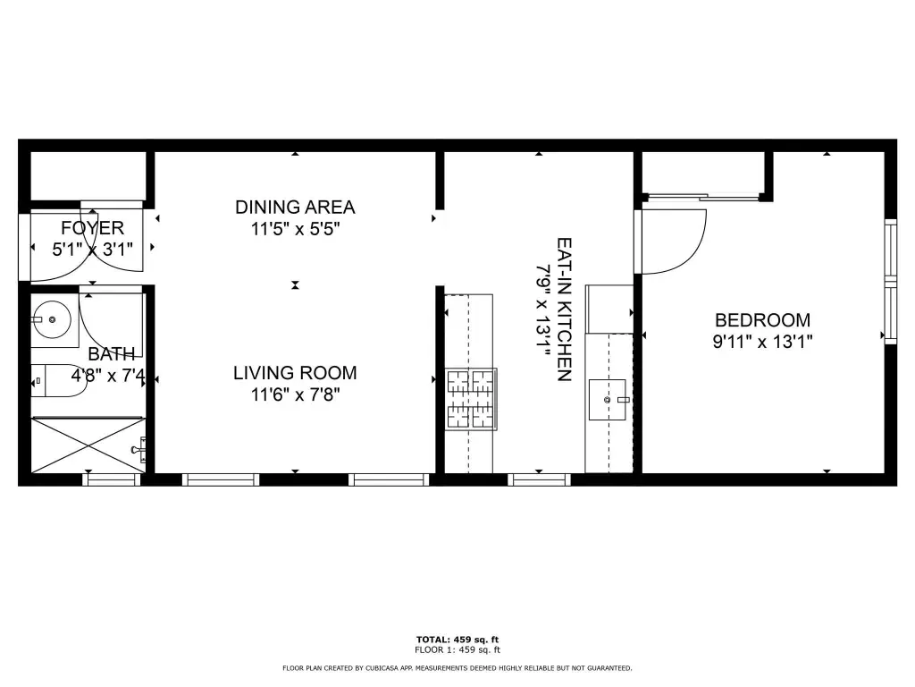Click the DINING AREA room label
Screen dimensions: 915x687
[x=295, y=208]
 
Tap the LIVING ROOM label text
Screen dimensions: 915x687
[x=295, y=373]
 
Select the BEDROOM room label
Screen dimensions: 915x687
[x=763, y=320]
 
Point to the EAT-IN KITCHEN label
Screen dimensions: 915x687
[x=565, y=309]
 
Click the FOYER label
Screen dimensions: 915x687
[x=92, y=228]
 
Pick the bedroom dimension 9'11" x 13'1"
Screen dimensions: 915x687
[x=763, y=342]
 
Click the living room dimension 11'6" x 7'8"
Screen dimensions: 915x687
[x=295, y=394]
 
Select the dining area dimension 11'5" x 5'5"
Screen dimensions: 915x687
[x=295, y=229]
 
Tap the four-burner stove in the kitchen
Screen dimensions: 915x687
[x=472, y=399]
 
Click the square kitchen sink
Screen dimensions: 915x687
[x=607, y=400]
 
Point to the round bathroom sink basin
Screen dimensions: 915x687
[x=51, y=319]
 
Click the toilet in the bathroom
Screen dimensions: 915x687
[x=53, y=381]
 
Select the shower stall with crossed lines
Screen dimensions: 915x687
[x=88, y=445]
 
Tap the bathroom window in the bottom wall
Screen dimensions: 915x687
[x=112, y=479]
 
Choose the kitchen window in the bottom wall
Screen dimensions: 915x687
[x=539, y=479]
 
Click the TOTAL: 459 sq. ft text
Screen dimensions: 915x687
[x=457, y=640]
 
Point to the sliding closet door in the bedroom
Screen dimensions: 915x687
[x=703, y=197]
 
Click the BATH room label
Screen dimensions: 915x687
[x=112, y=354]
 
